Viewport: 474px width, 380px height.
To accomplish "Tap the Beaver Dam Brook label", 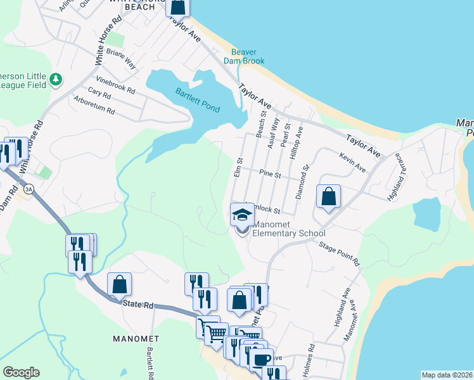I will pyautogui.click(x=243, y=56).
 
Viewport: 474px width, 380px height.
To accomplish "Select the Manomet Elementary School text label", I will pyautogui.click(x=288, y=229).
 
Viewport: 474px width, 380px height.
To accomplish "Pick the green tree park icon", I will pyautogui.click(x=56, y=79).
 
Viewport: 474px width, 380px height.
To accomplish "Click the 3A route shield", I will pyautogui.click(x=28, y=189).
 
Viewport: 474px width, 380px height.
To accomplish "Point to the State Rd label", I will pyautogui.click(x=139, y=305).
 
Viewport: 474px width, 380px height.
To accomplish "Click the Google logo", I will pyautogui.click(x=21, y=372).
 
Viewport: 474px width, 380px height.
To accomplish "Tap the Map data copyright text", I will pyautogui.click(x=447, y=375).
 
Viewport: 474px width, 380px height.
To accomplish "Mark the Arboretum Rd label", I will pyautogui.click(x=94, y=105).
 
